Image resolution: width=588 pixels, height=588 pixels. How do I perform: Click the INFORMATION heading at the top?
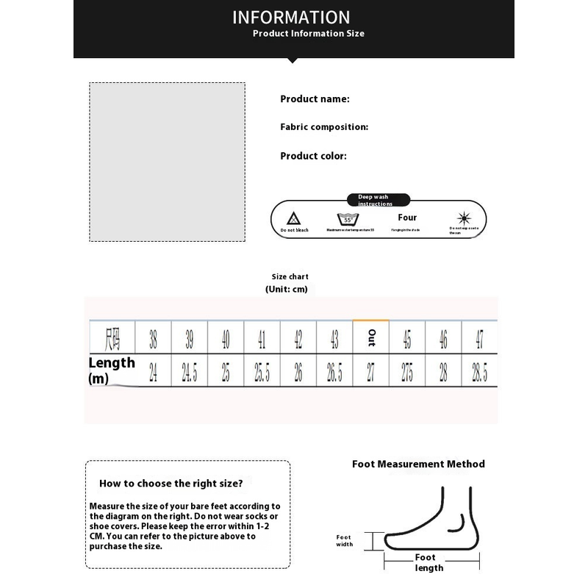tap(291, 17)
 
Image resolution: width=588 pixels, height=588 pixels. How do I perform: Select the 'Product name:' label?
tap(315, 99)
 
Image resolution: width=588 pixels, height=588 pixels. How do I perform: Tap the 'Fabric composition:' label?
tap(324, 127)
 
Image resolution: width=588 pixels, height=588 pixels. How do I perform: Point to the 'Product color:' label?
tap(313, 156)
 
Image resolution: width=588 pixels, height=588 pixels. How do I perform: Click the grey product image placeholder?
tap(168, 162)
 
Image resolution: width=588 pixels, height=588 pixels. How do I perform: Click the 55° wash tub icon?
tap(346, 219)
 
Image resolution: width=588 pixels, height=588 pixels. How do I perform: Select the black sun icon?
tap(463, 218)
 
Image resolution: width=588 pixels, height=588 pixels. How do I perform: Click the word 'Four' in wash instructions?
tap(407, 218)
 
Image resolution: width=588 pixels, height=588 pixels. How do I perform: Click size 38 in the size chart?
tap(153, 339)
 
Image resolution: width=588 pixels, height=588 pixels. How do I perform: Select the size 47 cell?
tap(479, 339)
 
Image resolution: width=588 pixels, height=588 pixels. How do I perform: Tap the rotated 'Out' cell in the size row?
tap(371, 339)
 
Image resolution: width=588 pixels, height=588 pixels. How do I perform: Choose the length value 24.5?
tap(189, 372)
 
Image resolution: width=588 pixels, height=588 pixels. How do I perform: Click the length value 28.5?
tap(479, 372)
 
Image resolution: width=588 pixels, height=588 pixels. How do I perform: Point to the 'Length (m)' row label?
tap(112, 370)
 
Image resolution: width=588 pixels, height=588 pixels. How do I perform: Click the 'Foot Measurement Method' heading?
tap(418, 464)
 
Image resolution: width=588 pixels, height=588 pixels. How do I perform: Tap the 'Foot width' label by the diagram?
tap(344, 540)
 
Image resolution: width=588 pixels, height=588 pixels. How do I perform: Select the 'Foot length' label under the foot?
tap(429, 562)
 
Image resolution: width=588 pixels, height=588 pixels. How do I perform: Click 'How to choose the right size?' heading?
tap(171, 484)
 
